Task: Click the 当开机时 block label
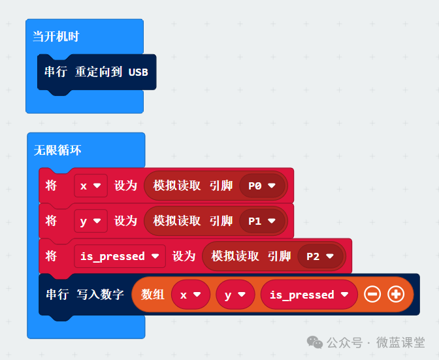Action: [x=56, y=37]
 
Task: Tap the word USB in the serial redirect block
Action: [x=138, y=72]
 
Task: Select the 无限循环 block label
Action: [x=57, y=150]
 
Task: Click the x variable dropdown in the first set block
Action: [x=90, y=186]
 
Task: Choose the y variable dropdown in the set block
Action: [x=90, y=221]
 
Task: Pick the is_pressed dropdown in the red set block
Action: [x=119, y=256]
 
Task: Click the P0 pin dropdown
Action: [x=263, y=186]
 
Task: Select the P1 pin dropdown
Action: [x=263, y=221]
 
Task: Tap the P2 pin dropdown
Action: [x=320, y=256]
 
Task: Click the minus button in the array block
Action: [x=372, y=295]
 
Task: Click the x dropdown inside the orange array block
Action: [x=191, y=295]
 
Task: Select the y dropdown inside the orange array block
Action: [x=235, y=295]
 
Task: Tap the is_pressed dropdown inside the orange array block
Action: [x=308, y=295]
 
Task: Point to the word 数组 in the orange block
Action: [x=153, y=295]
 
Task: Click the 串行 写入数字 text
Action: [x=84, y=295]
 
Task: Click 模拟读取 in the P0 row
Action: [x=177, y=186]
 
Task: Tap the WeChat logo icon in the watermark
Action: [x=316, y=342]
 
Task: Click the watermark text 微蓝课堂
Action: [x=400, y=343]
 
